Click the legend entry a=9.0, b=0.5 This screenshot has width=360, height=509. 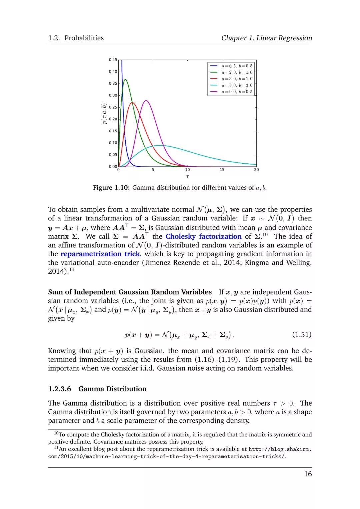pos(237,92)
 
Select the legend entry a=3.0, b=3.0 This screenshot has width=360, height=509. pos(237,85)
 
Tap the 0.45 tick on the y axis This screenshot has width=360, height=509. pos(113,60)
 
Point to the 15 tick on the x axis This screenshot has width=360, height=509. pos(222,170)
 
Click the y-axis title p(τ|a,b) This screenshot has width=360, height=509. pos(105,114)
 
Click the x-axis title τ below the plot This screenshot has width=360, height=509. pos(188,176)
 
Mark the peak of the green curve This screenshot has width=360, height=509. pos(125,80)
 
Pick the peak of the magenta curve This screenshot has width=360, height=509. pos(146,100)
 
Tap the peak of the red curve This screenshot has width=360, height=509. pos(133,103)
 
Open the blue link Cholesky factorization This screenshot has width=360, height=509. pos(203,236)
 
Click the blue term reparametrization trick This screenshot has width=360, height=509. pos(100,254)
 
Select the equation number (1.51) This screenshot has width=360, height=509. pos(302,334)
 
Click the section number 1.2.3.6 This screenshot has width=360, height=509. pos(60,389)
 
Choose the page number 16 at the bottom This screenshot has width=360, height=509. pos(308,474)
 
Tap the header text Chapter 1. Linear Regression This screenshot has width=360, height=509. pos(267,38)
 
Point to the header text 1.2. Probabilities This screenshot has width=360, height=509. pos(76,38)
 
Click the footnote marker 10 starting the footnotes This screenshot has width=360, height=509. pos(56,433)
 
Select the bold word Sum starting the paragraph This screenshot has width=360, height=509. pos(55,292)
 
